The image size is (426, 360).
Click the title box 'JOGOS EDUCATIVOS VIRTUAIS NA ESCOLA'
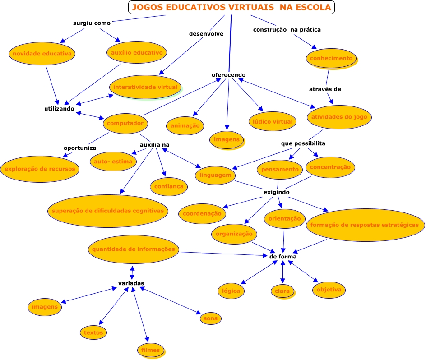(232, 7)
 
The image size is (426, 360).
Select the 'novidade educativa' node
(42, 54)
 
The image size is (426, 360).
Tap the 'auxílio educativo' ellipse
(137, 53)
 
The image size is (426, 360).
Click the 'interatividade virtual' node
(146, 87)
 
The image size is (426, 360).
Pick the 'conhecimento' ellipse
(331, 58)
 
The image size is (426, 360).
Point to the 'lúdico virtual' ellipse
(272, 121)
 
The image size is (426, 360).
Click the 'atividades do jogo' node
(339, 117)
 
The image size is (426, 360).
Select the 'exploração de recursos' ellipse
(41, 169)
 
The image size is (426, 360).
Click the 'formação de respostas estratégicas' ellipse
(365, 225)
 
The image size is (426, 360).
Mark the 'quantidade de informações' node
(133, 249)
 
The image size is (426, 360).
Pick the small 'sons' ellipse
(210, 318)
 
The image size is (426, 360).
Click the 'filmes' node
(150, 350)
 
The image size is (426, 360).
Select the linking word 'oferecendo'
(229, 75)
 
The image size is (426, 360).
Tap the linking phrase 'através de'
(325, 89)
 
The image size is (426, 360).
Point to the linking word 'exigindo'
(277, 192)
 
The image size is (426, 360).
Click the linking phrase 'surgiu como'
(92, 23)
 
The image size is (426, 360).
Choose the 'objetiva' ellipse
(329, 290)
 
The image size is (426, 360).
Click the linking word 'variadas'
(131, 283)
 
